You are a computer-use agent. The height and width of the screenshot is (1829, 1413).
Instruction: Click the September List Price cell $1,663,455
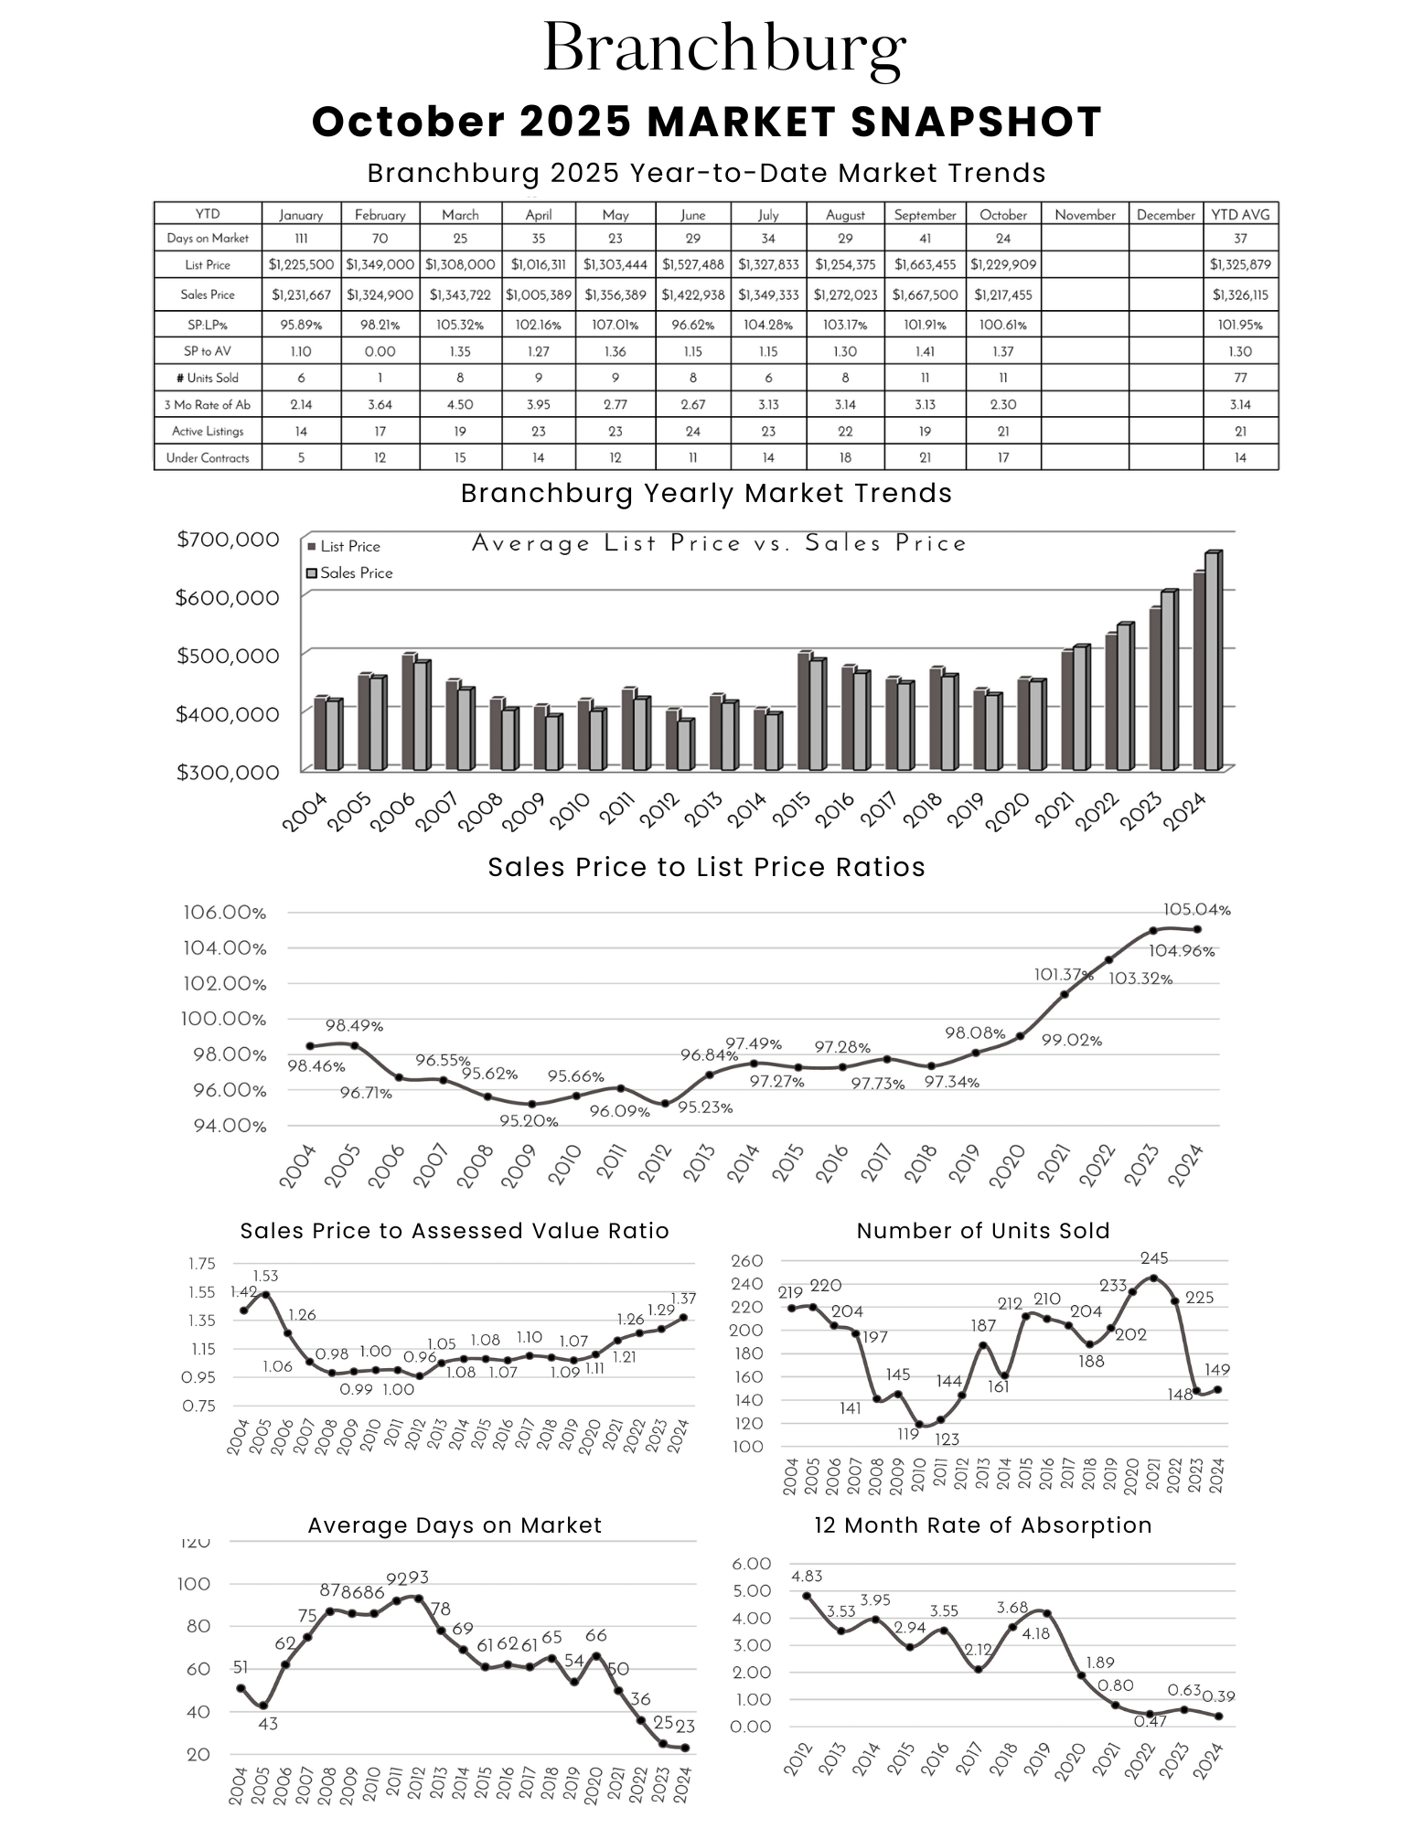pos(925,264)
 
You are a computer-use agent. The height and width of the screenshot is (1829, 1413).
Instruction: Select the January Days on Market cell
pos(301,239)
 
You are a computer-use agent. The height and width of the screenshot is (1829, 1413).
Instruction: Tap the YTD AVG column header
pos(1240,215)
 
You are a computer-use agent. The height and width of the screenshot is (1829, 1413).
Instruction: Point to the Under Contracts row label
pos(208,457)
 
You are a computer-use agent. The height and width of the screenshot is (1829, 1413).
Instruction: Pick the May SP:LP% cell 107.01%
pos(615,325)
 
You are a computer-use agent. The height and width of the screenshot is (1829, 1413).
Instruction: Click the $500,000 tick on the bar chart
pos(228,656)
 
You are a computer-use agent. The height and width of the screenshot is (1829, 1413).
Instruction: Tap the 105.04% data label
pos(1196,910)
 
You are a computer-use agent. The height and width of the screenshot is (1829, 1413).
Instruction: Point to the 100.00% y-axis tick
pos(224,1019)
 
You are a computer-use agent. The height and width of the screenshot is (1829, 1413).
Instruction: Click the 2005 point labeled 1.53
pos(265,1295)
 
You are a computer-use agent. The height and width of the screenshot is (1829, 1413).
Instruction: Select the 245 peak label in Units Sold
pos(1154,1259)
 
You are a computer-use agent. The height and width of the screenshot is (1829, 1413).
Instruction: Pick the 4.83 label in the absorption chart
pos(807,1577)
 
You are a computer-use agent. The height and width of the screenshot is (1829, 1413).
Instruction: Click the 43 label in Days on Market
pos(267,1724)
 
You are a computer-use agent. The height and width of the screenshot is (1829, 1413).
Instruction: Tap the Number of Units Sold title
pos(983,1231)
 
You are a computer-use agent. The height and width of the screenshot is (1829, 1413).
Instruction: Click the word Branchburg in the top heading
pos(724,48)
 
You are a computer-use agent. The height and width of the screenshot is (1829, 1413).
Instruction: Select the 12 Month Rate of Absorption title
pos(983,1525)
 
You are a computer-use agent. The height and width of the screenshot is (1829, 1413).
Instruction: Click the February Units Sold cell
pos(380,378)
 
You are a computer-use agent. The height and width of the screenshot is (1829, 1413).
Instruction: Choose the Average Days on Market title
pos(455,1525)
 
